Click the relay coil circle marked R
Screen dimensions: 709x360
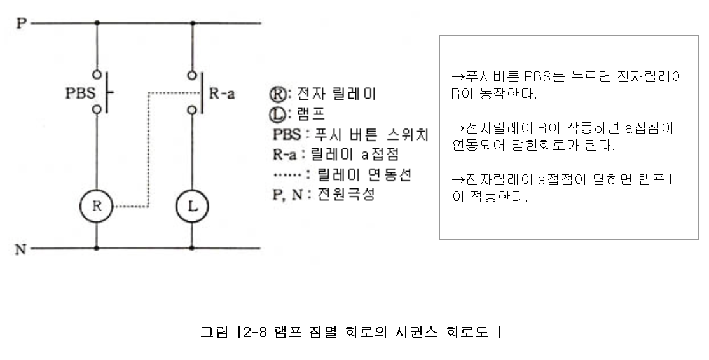point(96,206)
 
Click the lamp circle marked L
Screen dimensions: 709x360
point(192,206)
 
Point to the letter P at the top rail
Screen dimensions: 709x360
point(21,24)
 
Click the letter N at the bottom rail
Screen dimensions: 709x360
point(20,248)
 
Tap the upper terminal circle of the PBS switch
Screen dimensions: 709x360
point(97,72)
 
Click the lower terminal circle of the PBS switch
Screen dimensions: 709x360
point(97,110)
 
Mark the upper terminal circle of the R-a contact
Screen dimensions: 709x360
point(192,72)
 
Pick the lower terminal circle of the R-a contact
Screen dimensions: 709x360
point(192,110)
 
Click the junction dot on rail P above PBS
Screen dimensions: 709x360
point(97,24)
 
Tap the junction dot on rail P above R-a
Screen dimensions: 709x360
point(192,24)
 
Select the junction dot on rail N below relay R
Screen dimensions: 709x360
point(97,247)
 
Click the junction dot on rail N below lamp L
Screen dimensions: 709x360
point(192,247)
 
